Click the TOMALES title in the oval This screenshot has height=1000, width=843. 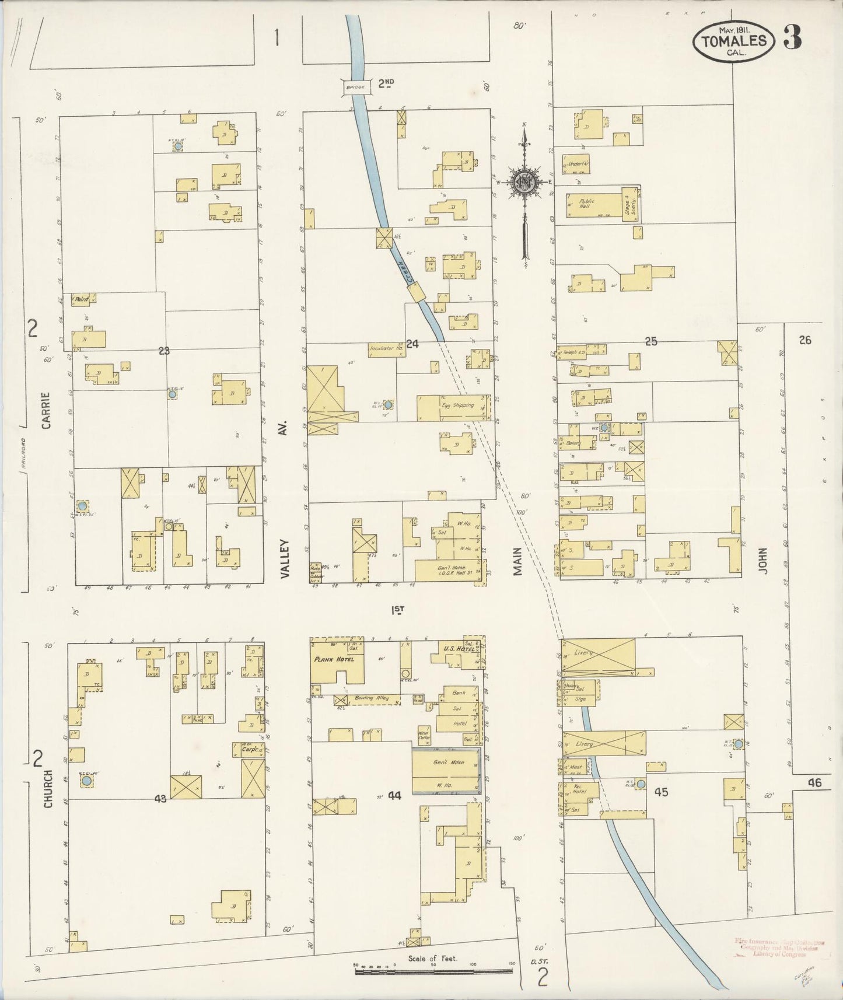(733, 40)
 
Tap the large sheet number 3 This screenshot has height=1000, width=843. (792, 37)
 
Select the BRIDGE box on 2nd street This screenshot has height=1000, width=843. (355, 87)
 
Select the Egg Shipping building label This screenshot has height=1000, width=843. (457, 405)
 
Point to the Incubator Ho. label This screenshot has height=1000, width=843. (386, 349)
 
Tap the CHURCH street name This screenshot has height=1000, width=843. (48, 789)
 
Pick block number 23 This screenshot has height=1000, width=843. (163, 351)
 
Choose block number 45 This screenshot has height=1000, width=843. (660, 792)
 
